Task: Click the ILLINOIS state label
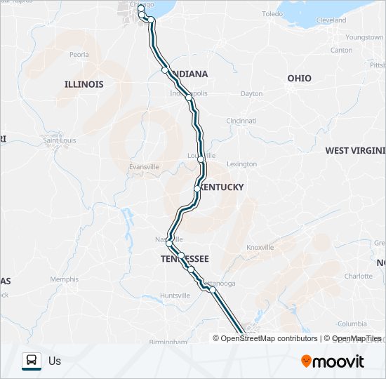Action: coord(84,84)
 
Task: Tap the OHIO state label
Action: coord(299,78)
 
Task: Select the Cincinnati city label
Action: coord(241,121)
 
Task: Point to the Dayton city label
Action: coord(251,93)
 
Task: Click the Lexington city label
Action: coord(242,164)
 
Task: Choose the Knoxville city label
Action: coord(260,247)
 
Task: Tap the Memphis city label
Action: coord(65,279)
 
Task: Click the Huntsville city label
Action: coord(175,295)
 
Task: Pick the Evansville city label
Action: coord(144,166)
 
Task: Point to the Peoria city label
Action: coord(79,54)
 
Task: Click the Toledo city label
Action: coord(272,14)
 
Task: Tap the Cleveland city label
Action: coord(331,20)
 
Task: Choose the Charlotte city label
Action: coord(359,276)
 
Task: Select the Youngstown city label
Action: coord(364,36)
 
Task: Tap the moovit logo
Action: coord(333,361)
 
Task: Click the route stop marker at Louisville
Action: coord(201,160)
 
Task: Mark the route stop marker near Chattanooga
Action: coord(212,289)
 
